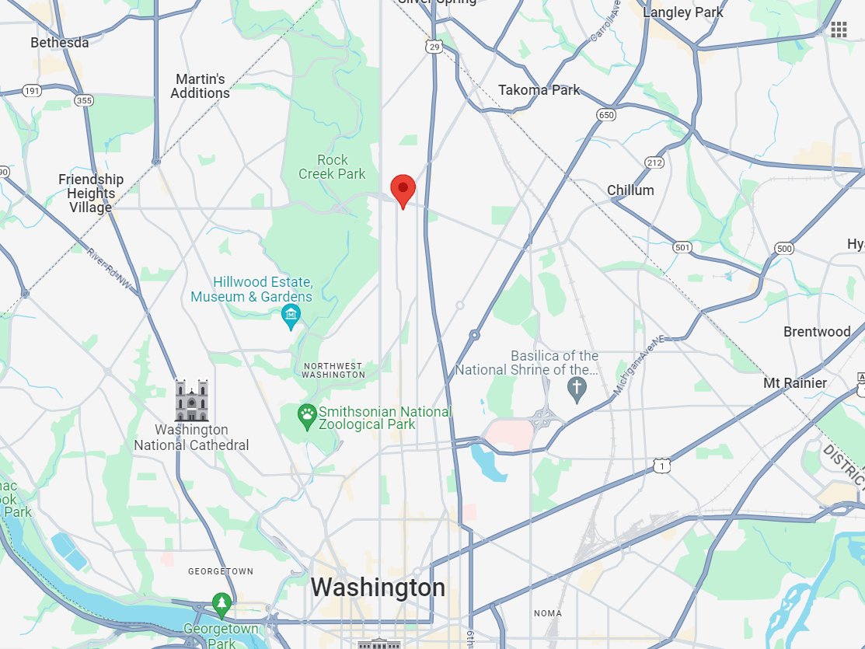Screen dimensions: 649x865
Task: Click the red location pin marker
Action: (403, 190)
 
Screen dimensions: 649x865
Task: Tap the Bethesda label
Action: (60, 42)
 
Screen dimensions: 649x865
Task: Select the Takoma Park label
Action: (539, 89)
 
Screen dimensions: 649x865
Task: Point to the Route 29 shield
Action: (434, 47)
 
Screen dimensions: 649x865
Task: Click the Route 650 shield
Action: (606, 115)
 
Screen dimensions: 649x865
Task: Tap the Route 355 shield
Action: (84, 100)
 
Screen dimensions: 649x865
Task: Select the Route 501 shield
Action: (682, 247)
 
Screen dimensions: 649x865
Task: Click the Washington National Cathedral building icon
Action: (191, 400)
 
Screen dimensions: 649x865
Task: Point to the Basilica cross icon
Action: (577, 389)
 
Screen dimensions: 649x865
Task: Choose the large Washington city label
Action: (378, 588)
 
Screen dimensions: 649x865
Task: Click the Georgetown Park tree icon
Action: (222, 603)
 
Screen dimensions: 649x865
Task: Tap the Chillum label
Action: (630, 190)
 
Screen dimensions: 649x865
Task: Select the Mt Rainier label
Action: (795, 382)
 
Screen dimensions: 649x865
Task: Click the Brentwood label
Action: (817, 331)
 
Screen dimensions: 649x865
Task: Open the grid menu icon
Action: (839, 30)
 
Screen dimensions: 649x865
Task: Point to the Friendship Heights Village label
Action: (91, 194)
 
